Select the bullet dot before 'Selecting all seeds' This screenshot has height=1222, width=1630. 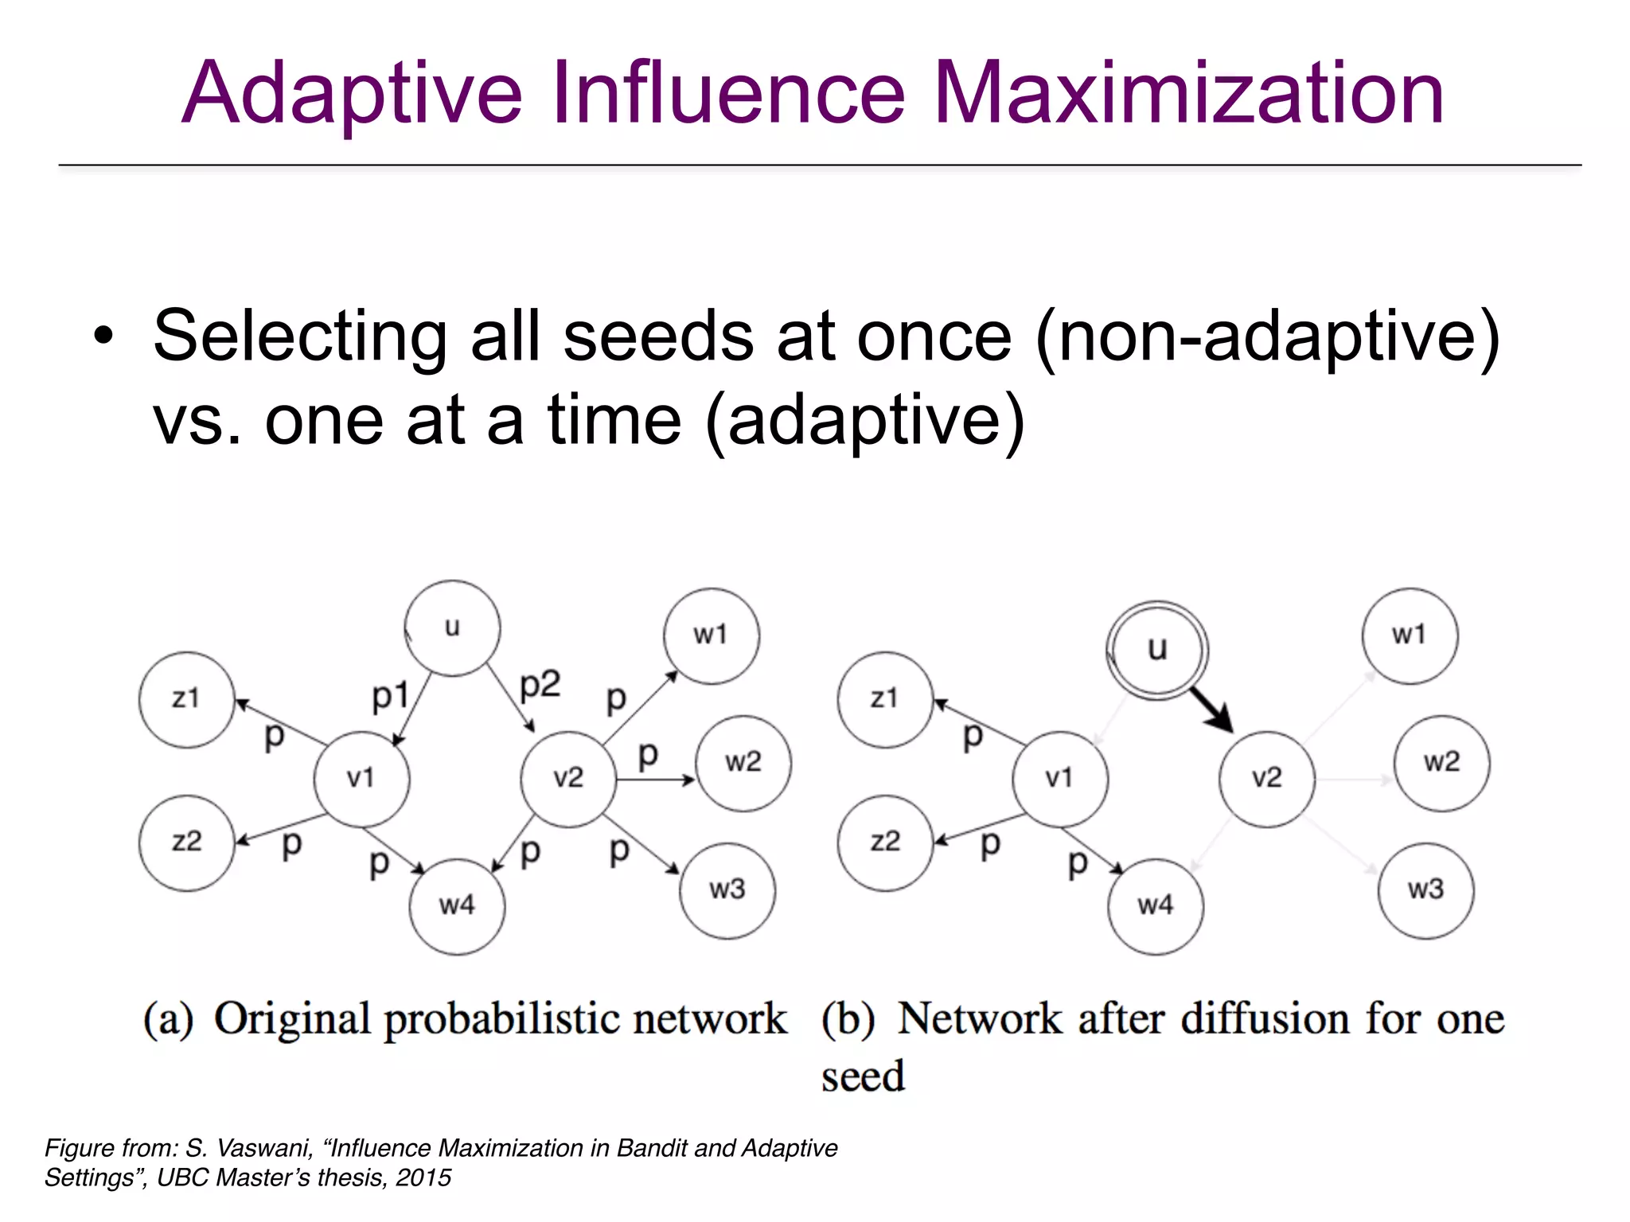(103, 336)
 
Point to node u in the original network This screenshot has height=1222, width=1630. (452, 628)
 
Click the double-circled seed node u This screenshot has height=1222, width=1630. (1157, 649)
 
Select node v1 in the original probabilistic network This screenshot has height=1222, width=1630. (361, 778)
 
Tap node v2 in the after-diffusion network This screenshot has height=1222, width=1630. (1266, 778)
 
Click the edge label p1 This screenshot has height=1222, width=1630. (390, 695)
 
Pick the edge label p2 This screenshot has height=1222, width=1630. (540, 684)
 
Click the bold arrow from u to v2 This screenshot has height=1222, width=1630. (1211, 709)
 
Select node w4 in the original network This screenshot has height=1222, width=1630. (457, 905)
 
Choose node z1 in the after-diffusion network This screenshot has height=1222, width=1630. (884, 699)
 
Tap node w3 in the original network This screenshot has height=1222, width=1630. (727, 889)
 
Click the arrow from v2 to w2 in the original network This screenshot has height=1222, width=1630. (655, 780)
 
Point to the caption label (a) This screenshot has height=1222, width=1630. (168, 1019)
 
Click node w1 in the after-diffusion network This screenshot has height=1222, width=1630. (1409, 636)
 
